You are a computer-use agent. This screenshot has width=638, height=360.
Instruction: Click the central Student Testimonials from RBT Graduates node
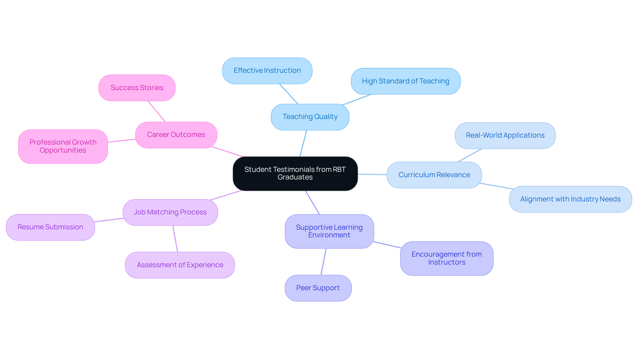pos(295,174)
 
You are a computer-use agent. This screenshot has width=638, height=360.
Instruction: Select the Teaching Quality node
pos(310,117)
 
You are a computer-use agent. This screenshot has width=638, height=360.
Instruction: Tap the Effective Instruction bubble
pos(267,71)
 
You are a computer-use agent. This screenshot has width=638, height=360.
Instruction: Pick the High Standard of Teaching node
pos(405,81)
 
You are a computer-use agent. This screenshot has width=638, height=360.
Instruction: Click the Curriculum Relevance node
pos(434,175)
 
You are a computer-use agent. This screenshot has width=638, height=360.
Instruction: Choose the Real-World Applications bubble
pos(505,136)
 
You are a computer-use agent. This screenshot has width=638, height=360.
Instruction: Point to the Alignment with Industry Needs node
pos(570,199)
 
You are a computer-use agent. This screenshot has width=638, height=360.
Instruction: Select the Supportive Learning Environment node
pos(329,231)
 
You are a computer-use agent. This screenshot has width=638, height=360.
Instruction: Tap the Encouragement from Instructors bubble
pos(447,259)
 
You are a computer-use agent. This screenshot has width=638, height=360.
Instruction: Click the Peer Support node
pos(318,288)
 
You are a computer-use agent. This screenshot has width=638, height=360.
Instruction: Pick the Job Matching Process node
pos(170,212)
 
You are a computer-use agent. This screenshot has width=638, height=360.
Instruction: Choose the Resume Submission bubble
pos(51,227)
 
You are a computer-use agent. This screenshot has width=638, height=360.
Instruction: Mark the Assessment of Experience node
pos(180,265)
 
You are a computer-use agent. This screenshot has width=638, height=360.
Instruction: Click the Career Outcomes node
pos(176,135)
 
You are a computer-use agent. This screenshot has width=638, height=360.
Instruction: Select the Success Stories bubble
pos(137,88)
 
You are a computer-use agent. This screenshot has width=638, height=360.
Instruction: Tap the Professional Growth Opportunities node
pos(63,147)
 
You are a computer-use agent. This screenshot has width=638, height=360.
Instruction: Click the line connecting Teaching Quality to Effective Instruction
pos(289,94)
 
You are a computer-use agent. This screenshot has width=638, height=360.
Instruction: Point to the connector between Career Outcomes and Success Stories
pos(157,111)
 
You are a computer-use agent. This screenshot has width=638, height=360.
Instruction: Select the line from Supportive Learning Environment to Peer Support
pos(323,262)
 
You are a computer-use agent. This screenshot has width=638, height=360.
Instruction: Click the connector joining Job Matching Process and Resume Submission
pos(109,220)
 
